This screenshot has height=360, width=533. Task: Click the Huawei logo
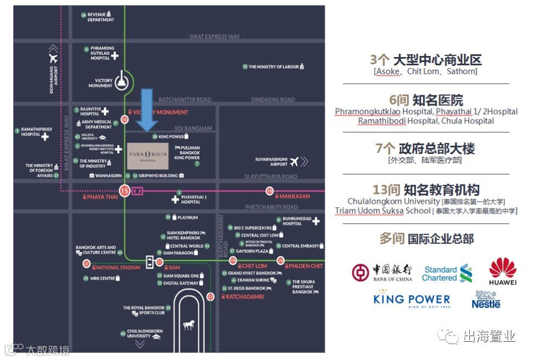coord(503,271)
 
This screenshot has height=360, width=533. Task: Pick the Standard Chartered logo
coord(448,273)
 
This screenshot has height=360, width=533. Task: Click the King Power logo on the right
coord(412,301)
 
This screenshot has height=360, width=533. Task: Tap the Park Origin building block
coord(147,156)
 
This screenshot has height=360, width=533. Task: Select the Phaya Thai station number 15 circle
coord(124,191)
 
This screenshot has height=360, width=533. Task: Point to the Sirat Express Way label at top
coord(214,37)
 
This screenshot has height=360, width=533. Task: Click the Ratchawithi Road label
coord(185,100)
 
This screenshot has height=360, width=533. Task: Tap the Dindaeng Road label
coord(273,100)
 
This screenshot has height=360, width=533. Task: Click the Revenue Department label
coord(100,17)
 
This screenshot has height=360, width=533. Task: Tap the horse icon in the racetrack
coord(189,325)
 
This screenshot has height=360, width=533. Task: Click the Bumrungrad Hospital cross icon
coord(316,222)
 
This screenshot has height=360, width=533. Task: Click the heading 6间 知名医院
coord(426,100)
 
